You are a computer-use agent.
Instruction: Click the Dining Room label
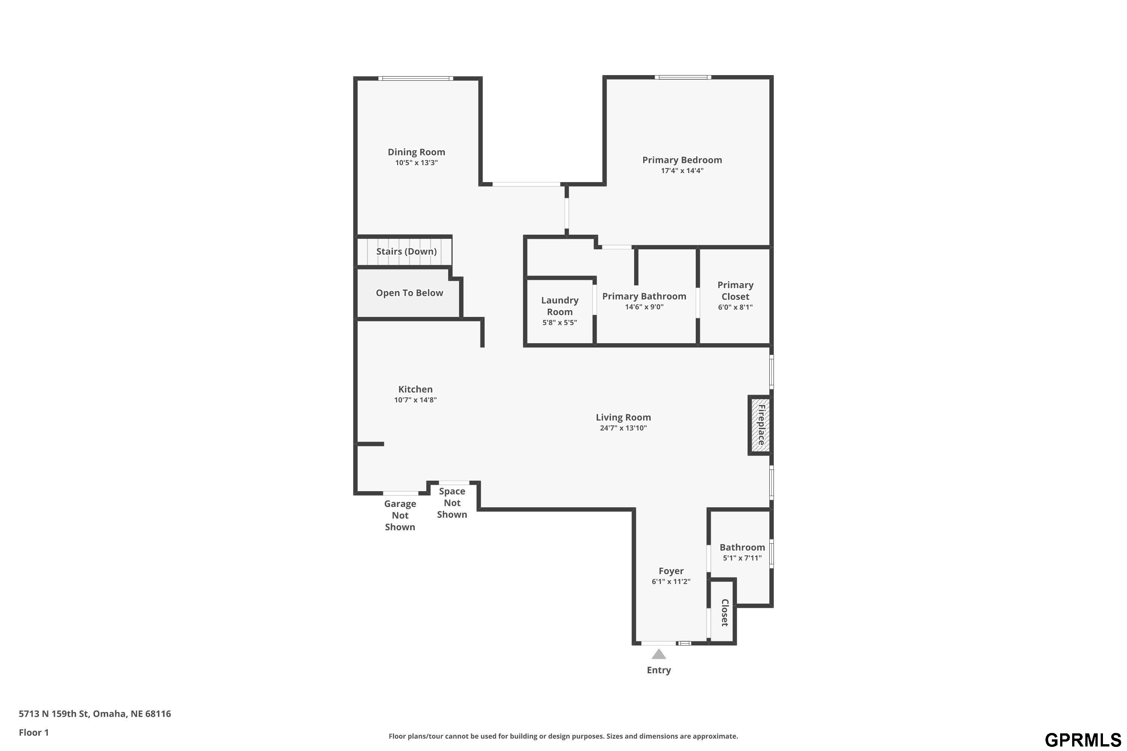[416, 152]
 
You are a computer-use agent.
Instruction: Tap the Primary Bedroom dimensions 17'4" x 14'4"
[682, 170]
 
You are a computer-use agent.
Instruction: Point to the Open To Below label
[409, 293]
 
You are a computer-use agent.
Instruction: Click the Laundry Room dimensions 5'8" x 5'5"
[560, 322]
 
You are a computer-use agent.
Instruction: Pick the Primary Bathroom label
[644, 296]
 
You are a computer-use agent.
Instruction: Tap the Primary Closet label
[736, 291]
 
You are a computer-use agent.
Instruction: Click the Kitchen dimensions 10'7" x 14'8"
[415, 400]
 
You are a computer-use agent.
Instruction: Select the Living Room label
[623, 417]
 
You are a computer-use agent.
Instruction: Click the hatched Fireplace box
[760, 425]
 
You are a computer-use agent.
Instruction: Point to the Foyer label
[671, 571]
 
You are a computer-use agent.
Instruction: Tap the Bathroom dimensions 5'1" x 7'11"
[742, 558]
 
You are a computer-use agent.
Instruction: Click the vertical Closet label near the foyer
[725, 612]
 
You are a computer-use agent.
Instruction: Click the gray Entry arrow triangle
[659, 654]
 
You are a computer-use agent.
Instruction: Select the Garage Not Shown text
[400, 515]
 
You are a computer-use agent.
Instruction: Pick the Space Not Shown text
[452, 503]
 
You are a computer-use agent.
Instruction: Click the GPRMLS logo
[1082, 740]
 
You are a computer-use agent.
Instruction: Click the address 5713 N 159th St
[54, 714]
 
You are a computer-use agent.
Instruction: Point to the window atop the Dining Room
[415, 78]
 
